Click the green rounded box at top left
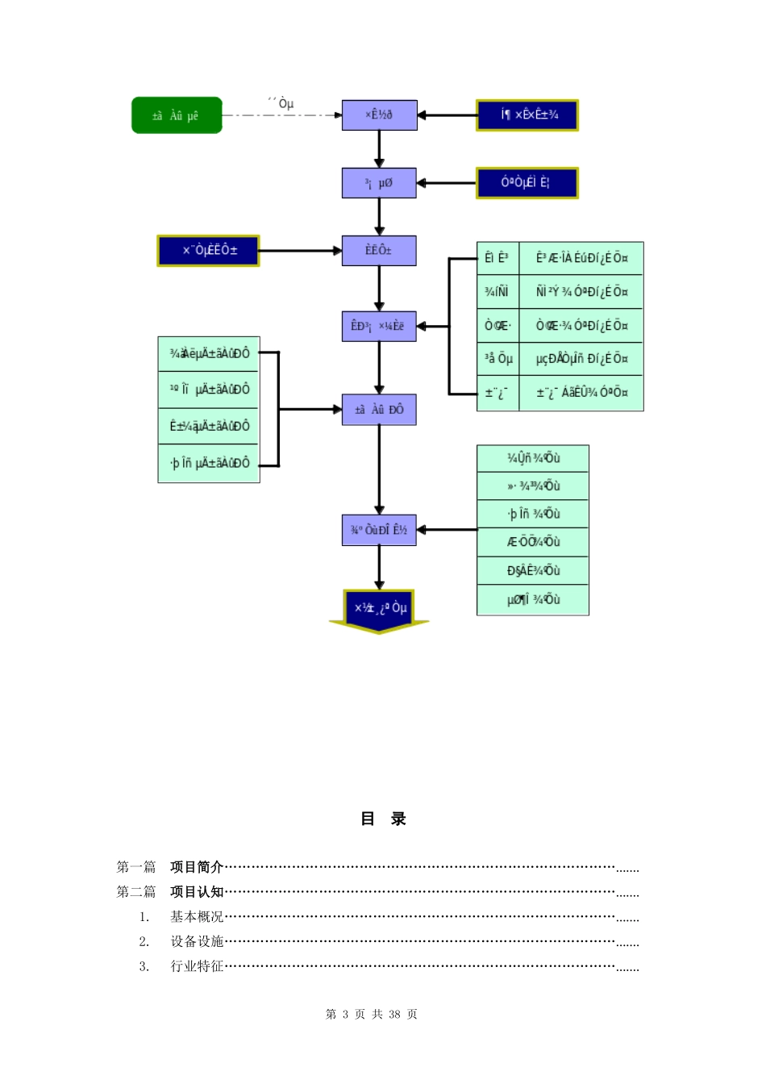pos(177,115)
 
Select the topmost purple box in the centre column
pos(379,115)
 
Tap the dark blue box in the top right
pos(527,115)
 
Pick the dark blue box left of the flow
pos(208,250)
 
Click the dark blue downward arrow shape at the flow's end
pos(379,610)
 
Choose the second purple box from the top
pos(379,183)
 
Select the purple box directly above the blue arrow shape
pos(379,530)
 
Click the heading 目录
pos(383,819)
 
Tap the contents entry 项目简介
pos(197,867)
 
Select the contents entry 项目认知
pos(197,892)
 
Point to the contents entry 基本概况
pos(197,917)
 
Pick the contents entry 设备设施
pos(197,941)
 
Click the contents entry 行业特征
pos(197,966)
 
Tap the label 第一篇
pos(136,867)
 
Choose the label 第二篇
pos(136,892)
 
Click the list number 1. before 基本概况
pos(144,917)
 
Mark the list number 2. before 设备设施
pos(144,941)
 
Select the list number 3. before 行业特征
pos(144,966)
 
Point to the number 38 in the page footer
pos(394,1015)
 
